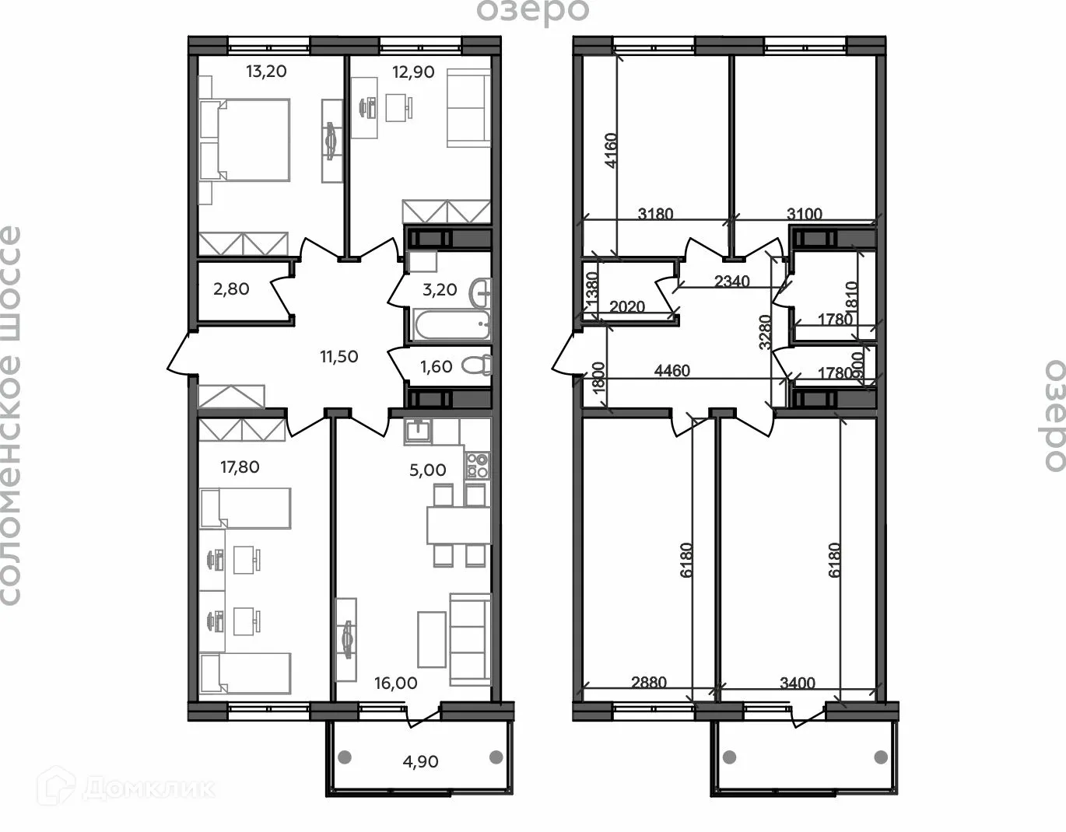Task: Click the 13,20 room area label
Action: tap(266, 72)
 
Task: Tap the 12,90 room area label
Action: tap(413, 72)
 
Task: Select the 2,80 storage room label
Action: tap(231, 289)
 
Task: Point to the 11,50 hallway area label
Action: tap(339, 356)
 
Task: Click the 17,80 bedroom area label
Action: tap(240, 467)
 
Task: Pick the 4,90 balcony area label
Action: tap(420, 761)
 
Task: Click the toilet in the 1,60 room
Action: tap(477, 365)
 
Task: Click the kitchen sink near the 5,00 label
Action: tap(418, 432)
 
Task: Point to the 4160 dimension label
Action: tap(611, 150)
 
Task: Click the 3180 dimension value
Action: tap(655, 214)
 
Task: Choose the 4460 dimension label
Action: tap(672, 370)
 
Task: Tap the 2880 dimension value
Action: tap(648, 682)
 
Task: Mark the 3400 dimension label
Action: tap(798, 683)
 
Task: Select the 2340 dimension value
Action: tap(732, 281)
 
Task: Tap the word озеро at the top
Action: tap(533, 11)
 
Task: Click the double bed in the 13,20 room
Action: tap(245, 141)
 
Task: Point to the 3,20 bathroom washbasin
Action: tap(481, 293)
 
